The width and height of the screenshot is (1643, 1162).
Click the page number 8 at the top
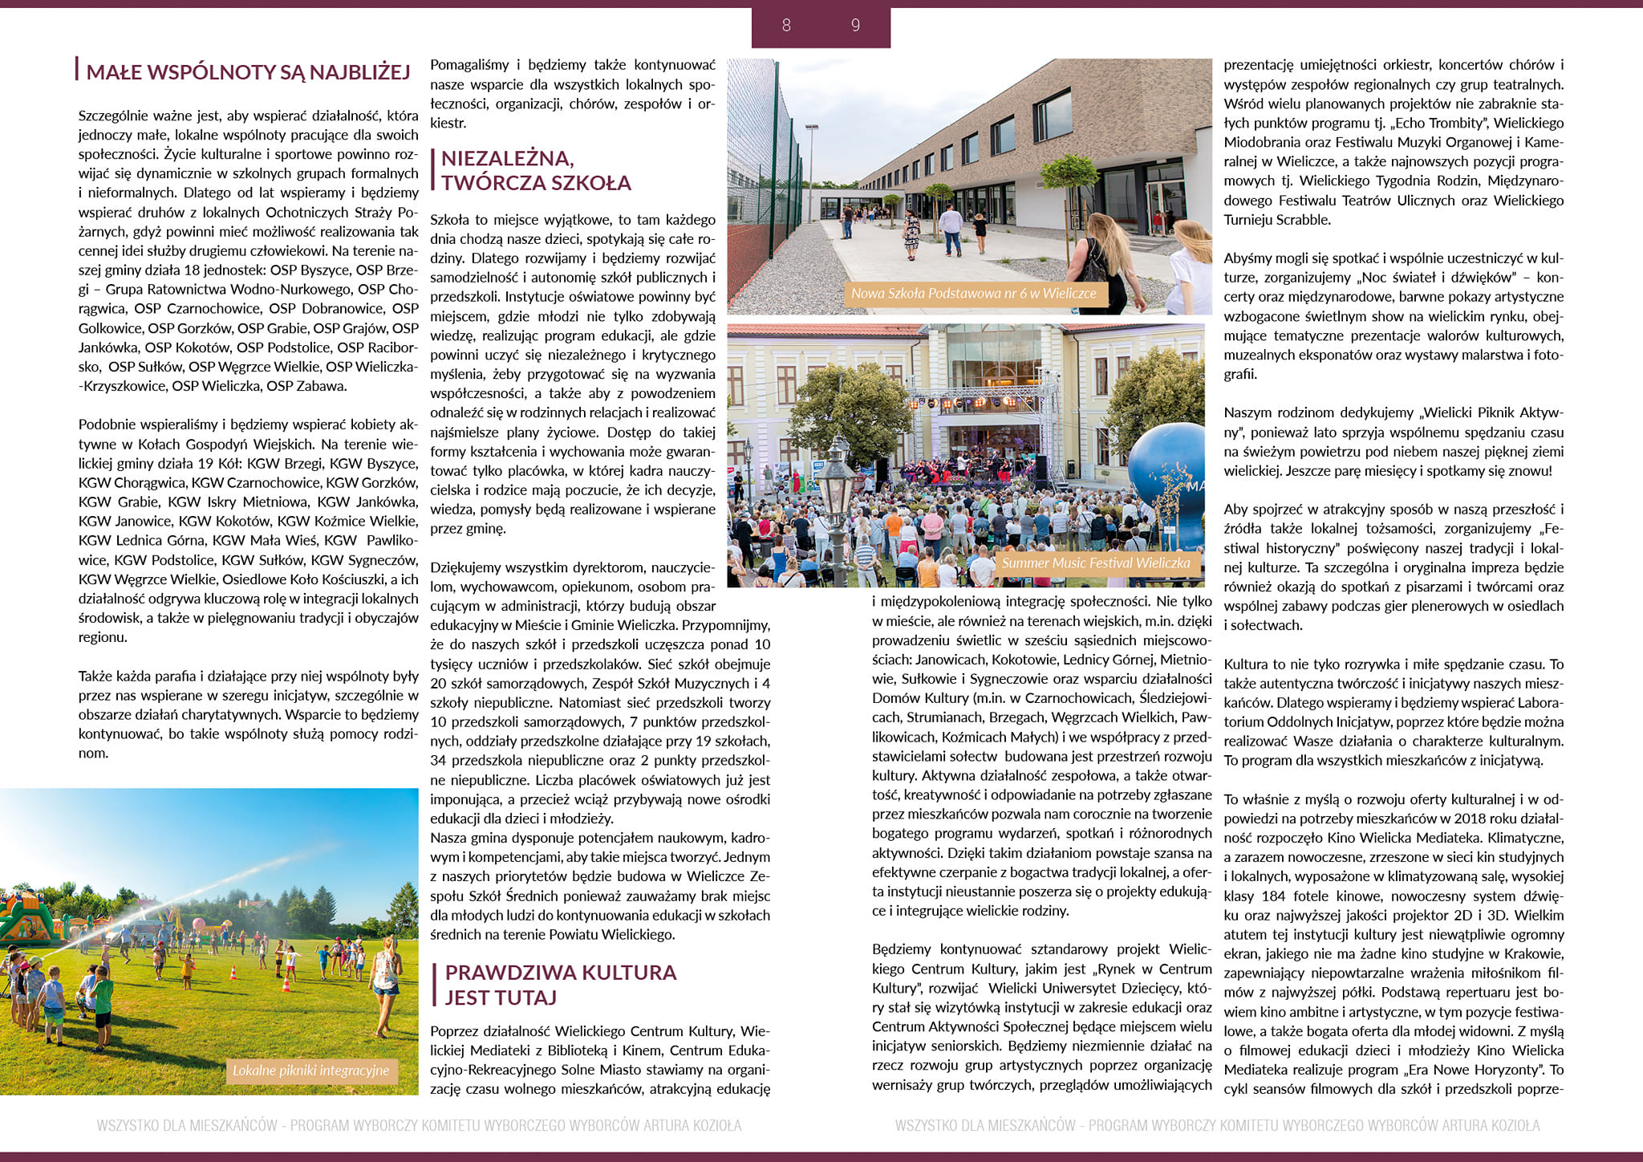pos(786,26)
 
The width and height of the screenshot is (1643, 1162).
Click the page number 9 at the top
pos(855,26)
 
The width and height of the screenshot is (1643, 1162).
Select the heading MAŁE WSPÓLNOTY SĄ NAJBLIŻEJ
pos(248,72)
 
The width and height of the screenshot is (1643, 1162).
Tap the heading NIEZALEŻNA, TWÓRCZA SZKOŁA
pos(535,170)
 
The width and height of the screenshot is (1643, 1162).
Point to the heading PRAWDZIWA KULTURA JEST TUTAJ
pos(560,985)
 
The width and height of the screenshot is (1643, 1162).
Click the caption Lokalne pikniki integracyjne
pos(310,1071)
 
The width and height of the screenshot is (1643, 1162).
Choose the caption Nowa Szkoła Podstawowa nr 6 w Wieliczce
pos(973,294)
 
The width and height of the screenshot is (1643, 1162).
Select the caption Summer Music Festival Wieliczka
pos(1095,563)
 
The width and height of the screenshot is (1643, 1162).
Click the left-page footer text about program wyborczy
pos(419,1126)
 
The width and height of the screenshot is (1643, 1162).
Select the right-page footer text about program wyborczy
pos(1217,1126)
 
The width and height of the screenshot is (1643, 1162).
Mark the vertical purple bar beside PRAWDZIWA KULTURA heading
pos(434,985)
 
